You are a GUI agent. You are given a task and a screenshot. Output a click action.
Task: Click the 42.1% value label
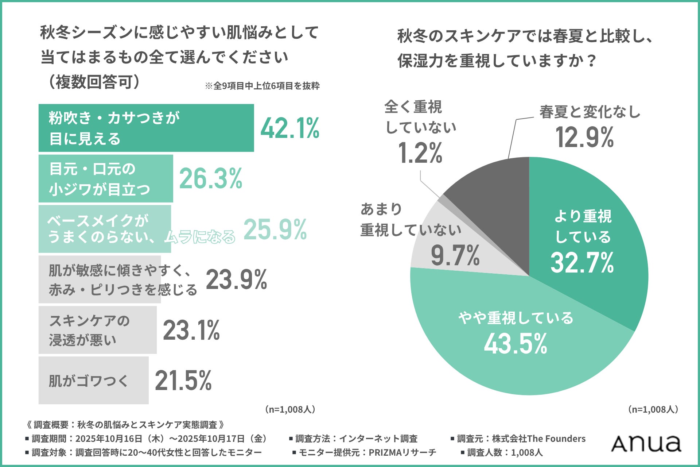tap(290, 128)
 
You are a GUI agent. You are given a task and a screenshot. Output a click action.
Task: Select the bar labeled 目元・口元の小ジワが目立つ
tap(106, 178)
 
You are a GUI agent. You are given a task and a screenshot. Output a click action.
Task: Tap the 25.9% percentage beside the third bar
tap(275, 229)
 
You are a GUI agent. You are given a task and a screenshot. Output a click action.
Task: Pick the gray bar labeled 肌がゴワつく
tap(93, 380)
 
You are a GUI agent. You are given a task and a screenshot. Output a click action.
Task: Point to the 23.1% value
tap(191, 330)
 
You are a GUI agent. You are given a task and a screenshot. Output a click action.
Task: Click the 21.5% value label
tap(183, 381)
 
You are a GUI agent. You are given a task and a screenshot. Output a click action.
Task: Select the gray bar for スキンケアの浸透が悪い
tap(97, 330)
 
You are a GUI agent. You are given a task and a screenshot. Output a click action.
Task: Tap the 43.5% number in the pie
tap(516, 344)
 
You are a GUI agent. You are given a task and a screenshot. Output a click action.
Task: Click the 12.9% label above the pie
tap(584, 138)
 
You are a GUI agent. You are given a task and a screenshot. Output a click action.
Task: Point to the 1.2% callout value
tap(420, 153)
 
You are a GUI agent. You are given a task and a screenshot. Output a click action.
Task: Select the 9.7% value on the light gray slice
tap(455, 255)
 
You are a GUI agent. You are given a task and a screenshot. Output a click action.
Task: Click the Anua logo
tap(646, 444)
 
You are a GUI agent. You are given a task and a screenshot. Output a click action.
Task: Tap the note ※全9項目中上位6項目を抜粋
tap(262, 86)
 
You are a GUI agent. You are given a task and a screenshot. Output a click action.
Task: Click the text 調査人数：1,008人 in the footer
tap(505, 453)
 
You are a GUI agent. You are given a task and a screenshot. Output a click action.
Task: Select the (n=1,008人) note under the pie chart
tap(653, 409)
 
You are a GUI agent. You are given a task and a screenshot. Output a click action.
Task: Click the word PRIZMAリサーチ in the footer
tap(402, 453)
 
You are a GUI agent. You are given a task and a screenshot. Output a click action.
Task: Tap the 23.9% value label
tap(236, 280)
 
